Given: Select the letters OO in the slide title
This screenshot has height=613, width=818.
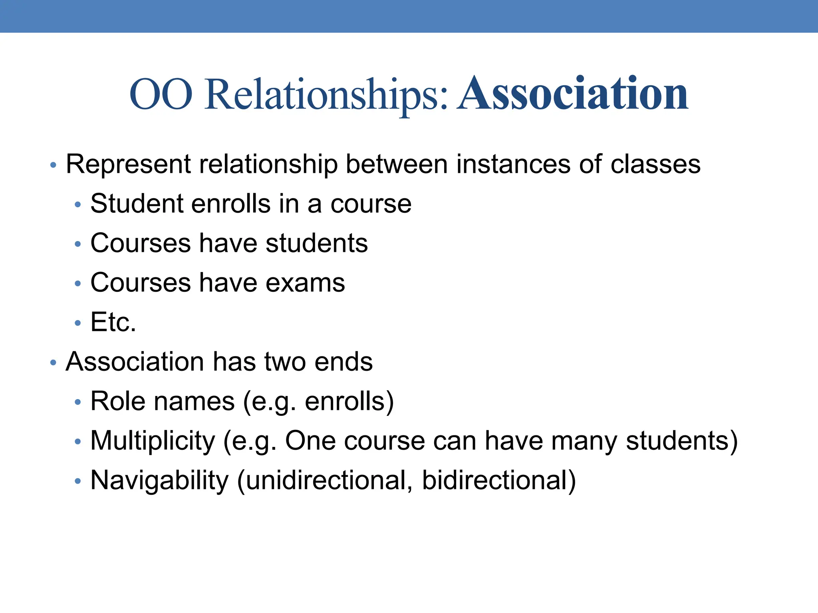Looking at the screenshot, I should tap(161, 95).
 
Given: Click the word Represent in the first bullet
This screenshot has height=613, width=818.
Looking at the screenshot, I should tap(128, 164).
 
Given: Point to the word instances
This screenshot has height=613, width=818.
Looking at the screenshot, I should tap(513, 164).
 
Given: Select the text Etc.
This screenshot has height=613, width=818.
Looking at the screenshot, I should tap(113, 322).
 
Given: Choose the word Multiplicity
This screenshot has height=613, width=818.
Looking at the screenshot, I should tap(153, 441).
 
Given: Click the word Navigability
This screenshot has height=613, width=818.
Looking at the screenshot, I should tap(159, 481).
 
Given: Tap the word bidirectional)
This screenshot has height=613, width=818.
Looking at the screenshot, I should tap(499, 480).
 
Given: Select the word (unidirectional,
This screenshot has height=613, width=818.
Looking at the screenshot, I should tap(325, 480).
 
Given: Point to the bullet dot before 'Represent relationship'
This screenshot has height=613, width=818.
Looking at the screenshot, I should tap(53, 165).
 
